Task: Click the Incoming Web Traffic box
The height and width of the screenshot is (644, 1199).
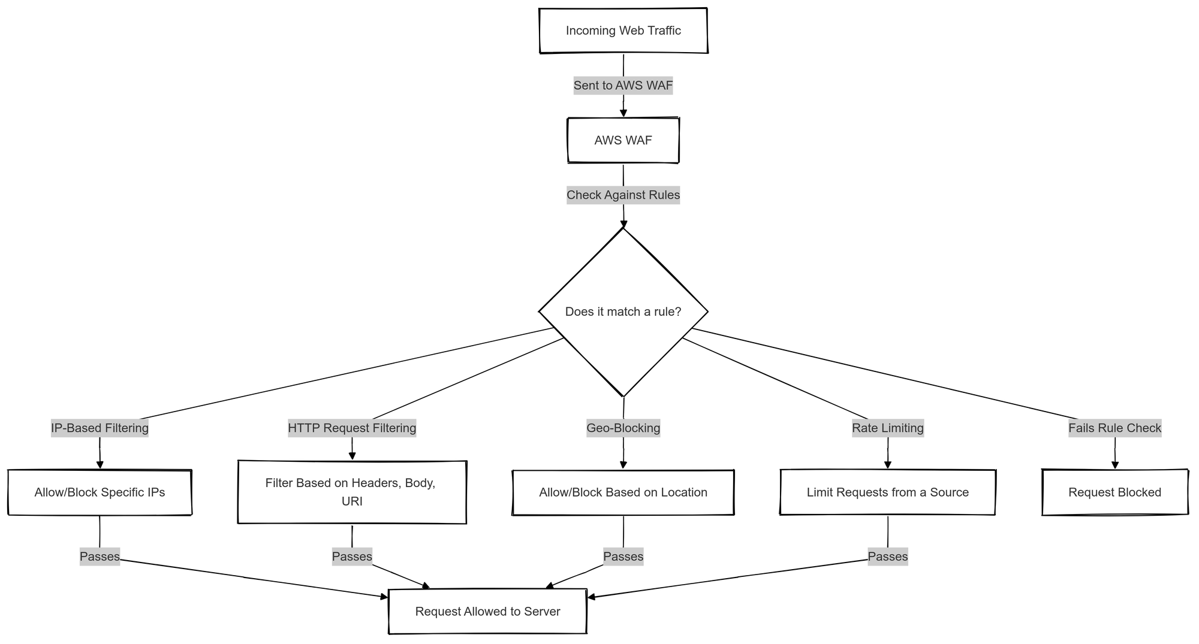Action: pos(623,31)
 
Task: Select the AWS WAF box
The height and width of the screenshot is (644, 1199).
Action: pos(623,140)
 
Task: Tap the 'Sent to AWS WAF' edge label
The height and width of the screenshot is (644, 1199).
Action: pos(623,86)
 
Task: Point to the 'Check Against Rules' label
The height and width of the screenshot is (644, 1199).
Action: pos(623,195)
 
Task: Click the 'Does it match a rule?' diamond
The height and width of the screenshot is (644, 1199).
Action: pos(623,312)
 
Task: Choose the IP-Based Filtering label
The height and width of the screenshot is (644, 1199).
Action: pos(100,428)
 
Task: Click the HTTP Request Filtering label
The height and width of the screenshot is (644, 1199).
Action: pos(352,428)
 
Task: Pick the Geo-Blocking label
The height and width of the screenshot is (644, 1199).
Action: pos(623,428)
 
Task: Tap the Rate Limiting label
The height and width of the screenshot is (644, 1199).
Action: pos(888,428)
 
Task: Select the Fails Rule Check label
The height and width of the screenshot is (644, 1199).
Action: pos(1115,428)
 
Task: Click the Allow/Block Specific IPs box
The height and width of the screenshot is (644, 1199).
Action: pos(100,492)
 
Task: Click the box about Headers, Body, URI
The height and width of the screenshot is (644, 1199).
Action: pos(352,492)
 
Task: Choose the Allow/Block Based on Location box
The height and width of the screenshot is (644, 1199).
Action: pos(623,492)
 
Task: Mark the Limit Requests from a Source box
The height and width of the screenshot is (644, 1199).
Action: pos(888,492)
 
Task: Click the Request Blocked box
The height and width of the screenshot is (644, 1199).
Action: pos(1115,492)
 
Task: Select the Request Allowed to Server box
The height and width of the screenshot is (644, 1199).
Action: pos(487,612)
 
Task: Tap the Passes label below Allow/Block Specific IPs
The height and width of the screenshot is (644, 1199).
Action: pos(100,557)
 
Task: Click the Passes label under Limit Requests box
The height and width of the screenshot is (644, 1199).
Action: pos(888,557)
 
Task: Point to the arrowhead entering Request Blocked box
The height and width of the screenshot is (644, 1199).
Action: pos(1115,465)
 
